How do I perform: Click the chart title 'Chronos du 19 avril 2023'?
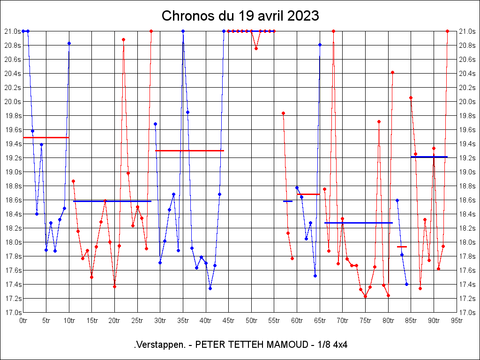click(240, 16)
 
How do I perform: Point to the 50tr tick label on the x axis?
click(251, 321)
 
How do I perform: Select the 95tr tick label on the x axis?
click(457, 321)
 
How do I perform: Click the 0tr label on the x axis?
click(23, 321)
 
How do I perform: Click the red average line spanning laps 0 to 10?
click(46, 137)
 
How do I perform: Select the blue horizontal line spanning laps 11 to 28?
click(112, 201)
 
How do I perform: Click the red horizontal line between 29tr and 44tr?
click(189, 150)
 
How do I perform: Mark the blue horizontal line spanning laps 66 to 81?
click(358, 223)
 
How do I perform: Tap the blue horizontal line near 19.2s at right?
click(429, 157)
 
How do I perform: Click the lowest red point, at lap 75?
click(365, 296)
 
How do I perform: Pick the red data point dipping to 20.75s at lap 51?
click(256, 48)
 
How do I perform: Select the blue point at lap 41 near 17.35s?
click(210, 288)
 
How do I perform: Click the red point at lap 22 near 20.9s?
click(123, 39)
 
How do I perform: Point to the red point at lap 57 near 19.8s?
click(283, 113)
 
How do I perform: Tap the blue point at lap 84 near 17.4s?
click(406, 284)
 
